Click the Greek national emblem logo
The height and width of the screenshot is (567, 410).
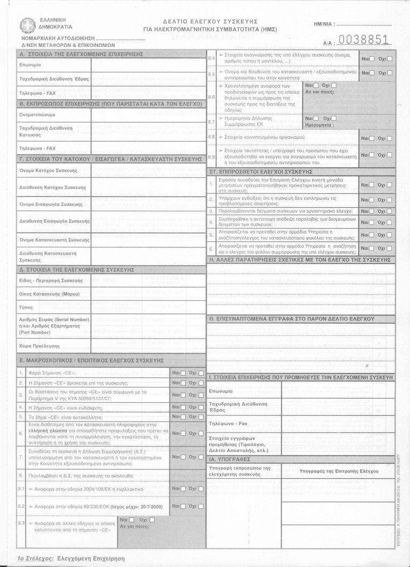26,24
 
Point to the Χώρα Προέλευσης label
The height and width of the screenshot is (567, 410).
39,346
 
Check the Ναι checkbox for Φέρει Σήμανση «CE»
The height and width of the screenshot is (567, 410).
183,373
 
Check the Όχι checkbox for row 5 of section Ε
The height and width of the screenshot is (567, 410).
201,416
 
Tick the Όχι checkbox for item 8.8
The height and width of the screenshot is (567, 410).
390,138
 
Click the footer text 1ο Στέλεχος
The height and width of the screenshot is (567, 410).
36,559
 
